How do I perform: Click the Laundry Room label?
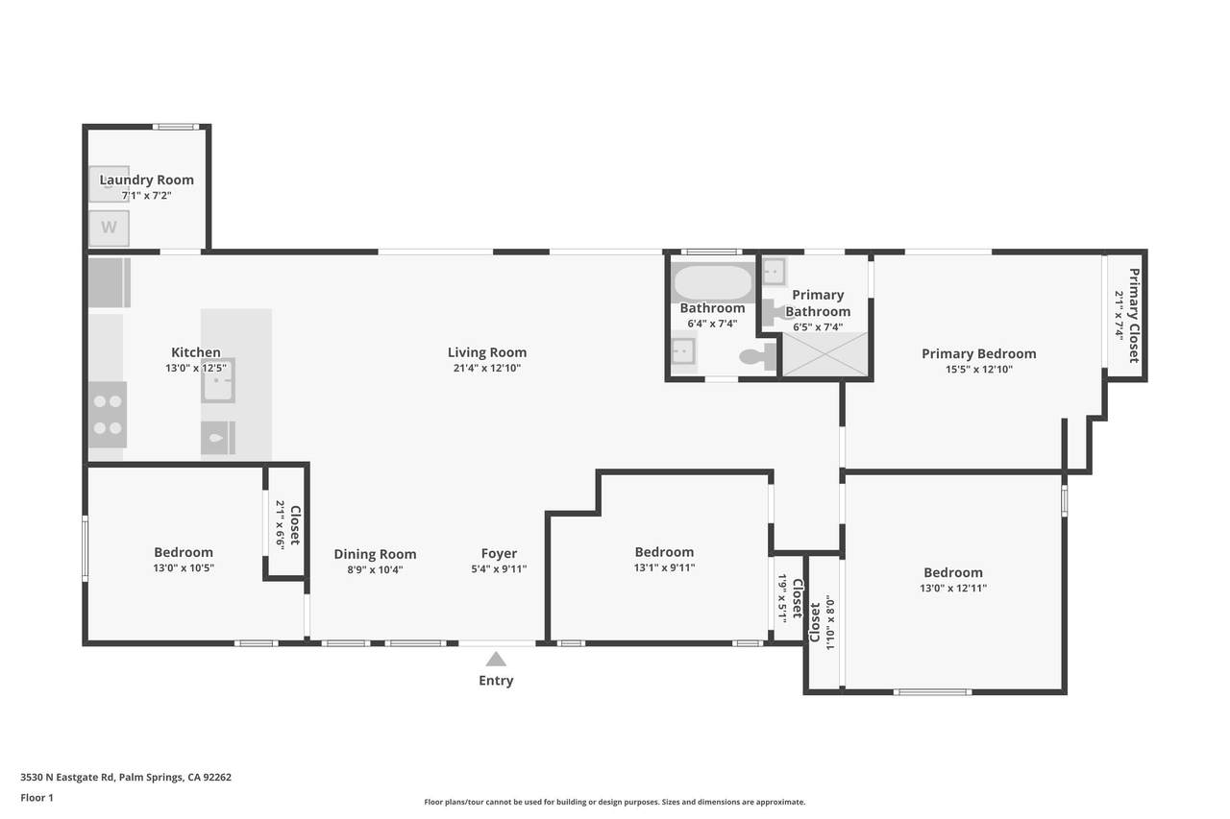click(x=147, y=180)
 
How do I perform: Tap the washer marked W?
click(x=110, y=228)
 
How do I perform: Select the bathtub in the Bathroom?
click(x=713, y=282)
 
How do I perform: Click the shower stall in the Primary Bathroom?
click(x=825, y=354)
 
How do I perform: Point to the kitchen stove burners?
click(x=109, y=415)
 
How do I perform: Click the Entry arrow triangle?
click(x=496, y=659)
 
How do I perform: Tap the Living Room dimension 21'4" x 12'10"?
click(x=487, y=368)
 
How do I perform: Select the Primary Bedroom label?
click(x=979, y=354)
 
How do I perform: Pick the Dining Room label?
click(x=375, y=555)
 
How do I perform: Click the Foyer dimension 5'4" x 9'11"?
click(x=499, y=569)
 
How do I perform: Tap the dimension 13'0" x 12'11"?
click(x=953, y=588)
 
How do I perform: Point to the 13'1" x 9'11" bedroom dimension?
click(x=664, y=567)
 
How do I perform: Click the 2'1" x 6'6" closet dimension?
click(x=281, y=524)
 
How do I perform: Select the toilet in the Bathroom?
click(x=758, y=356)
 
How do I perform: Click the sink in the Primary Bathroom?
click(x=775, y=272)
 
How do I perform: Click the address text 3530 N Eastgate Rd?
click(x=67, y=778)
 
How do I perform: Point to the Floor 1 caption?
click(x=37, y=798)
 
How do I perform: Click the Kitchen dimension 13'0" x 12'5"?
click(x=196, y=368)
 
